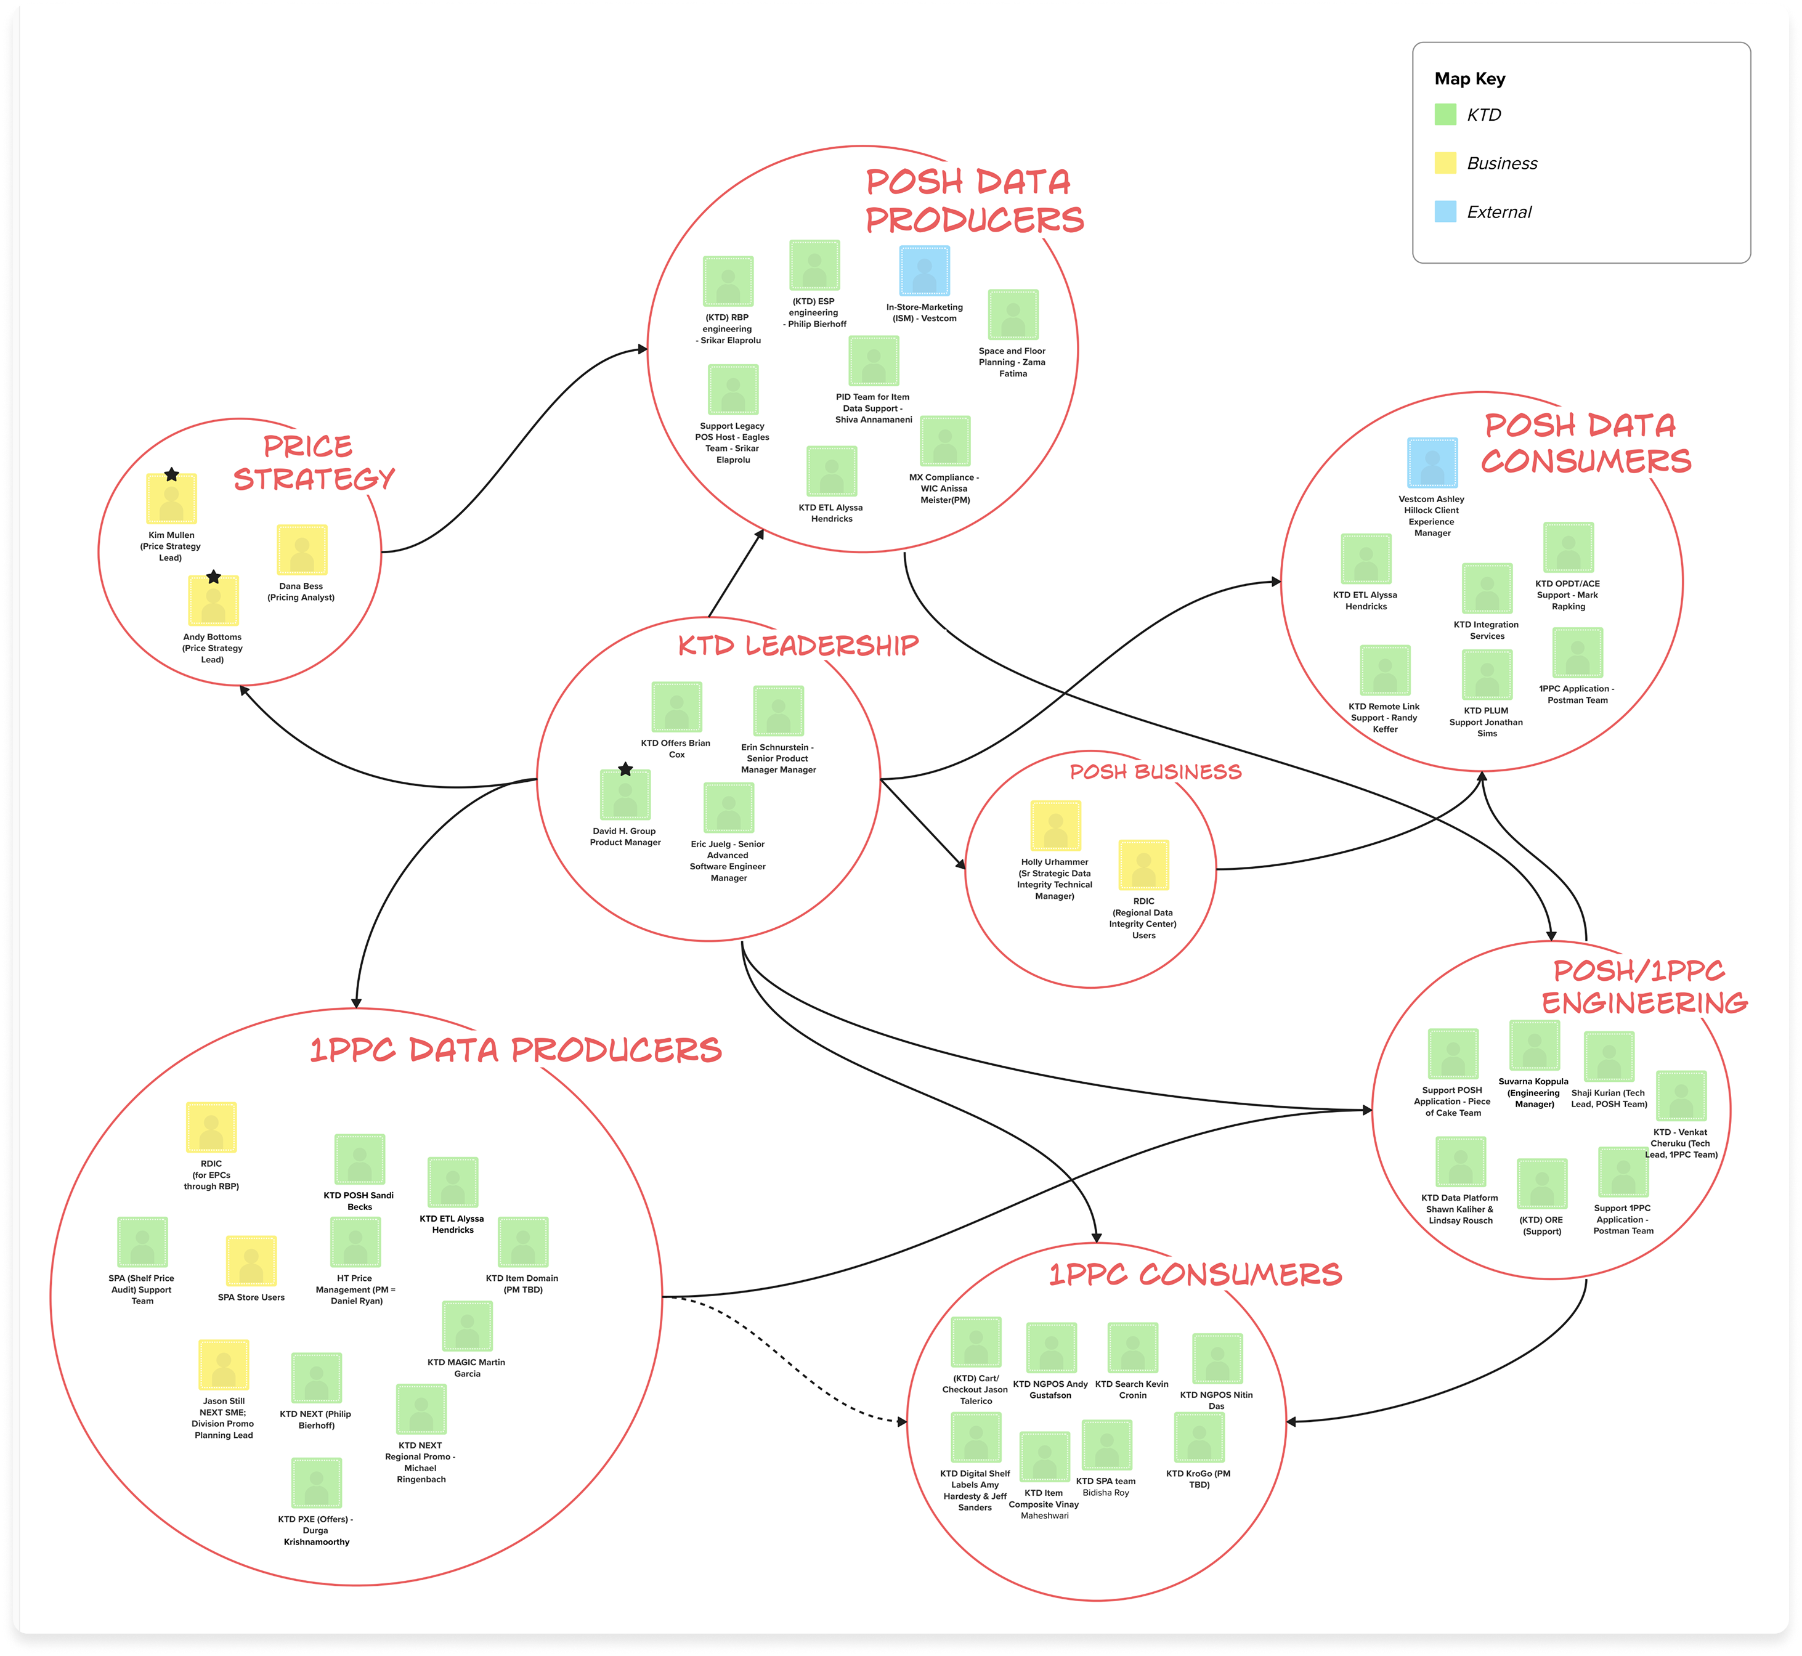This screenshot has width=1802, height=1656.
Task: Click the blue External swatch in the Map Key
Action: coord(1445,211)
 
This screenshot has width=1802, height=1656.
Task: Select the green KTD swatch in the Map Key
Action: coord(1445,114)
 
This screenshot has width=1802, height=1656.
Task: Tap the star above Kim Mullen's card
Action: coord(171,474)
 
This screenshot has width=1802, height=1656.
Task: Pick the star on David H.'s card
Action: coord(625,769)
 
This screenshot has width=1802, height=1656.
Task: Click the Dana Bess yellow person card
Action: coord(302,550)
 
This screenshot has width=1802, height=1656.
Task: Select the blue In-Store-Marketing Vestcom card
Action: coord(924,270)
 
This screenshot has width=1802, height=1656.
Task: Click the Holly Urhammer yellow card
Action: coord(1055,826)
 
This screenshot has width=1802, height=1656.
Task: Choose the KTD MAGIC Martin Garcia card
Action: coord(467,1325)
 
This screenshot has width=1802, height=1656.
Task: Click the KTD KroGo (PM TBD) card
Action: coord(1199,1437)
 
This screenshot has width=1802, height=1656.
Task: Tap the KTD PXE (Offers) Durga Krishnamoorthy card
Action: coord(316,1483)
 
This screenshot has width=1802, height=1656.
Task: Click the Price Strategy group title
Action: coord(314,463)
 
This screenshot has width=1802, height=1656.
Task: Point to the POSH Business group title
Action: coord(1155,771)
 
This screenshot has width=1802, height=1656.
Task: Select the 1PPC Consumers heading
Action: coord(1195,1273)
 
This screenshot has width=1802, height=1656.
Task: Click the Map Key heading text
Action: coord(1469,79)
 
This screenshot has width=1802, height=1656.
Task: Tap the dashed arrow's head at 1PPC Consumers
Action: coord(901,1421)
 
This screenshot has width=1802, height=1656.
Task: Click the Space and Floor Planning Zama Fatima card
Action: coord(1013,315)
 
